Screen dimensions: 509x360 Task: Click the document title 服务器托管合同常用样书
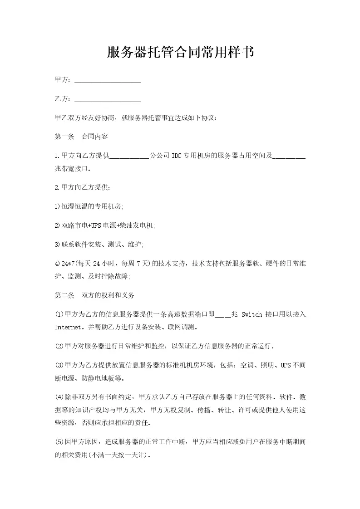click(180, 53)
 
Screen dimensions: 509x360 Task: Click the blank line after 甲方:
click(107, 81)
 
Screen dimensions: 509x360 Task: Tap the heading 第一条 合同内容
click(81, 137)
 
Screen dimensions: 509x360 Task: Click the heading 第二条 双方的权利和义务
click(94, 295)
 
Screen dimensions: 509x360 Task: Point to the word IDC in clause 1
click(177, 156)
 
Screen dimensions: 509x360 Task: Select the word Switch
click(252, 314)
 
